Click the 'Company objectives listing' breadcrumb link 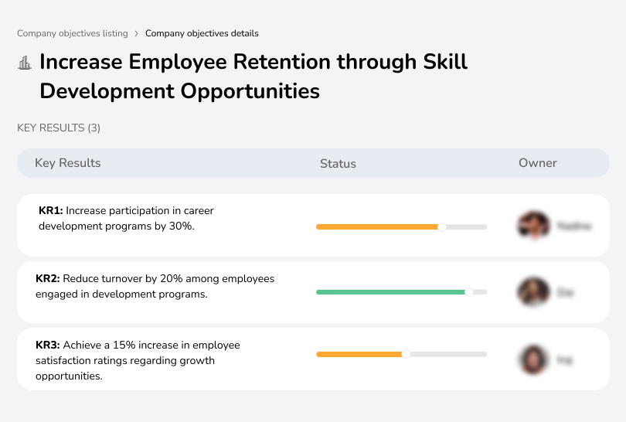coord(73,33)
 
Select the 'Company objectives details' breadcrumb coord(202,33)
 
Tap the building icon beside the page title coord(25,63)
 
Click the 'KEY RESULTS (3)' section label coord(59,128)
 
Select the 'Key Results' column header coord(68,163)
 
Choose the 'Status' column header coord(338,163)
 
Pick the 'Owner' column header coord(538,163)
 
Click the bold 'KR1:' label coord(51,210)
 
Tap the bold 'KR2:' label coord(48,278)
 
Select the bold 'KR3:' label coord(48,345)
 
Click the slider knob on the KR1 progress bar coord(442,226)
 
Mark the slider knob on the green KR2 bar coord(468,292)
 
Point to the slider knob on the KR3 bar coord(406,354)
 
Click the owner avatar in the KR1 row coord(533,226)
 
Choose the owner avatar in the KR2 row coord(533,292)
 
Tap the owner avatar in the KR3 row coord(533,359)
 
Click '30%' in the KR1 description coord(181,226)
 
